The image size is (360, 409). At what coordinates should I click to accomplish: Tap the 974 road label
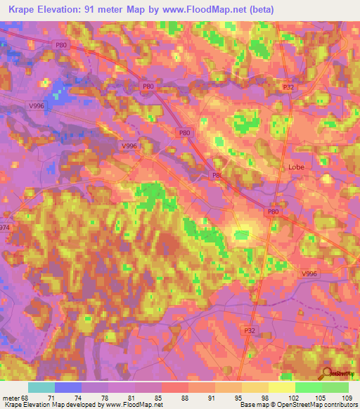pos(5,228)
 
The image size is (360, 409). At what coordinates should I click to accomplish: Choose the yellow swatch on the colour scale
pos(281,387)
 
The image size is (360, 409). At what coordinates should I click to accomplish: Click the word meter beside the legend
pos(9,398)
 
